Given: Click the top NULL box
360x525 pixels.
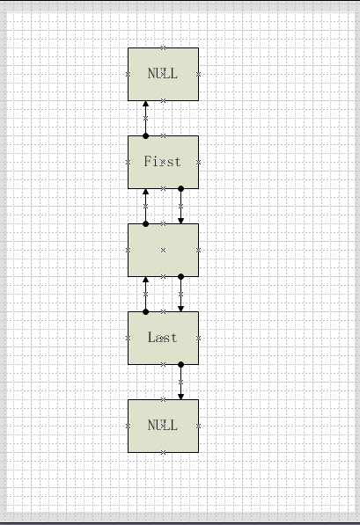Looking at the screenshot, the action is pyautogui.click(x=163, y=74).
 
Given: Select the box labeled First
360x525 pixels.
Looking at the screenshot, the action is pyautogui.click(x=163, y=162).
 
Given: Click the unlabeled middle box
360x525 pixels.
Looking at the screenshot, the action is pyautogui.click(x=163, y=250).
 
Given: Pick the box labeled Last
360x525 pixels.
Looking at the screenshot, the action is pyautogui.click(x=163, y=339).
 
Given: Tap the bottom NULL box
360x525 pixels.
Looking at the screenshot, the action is pyautogui.click(x=163, y=426).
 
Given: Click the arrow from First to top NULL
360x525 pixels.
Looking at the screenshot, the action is pyautogui.click(x=145, y=119).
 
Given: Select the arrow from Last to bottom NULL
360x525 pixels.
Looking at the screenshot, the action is pyautogui.click(x=181, y=382).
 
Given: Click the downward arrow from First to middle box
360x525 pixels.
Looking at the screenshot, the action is pyautogui.click(x=181, y=207).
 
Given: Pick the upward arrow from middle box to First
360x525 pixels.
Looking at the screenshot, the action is pyautogui.click(x=145, y=207).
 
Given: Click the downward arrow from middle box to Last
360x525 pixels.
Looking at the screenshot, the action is pyautogui.click(x=181, y=294).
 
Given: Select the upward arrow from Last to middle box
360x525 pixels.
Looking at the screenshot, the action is pyautogui.click(x=145, y=295).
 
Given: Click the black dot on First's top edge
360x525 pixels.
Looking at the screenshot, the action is pyautogui.click(x=145, y=136).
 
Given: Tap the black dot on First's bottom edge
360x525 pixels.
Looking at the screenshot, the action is pyautogui.click(x=181, y=189).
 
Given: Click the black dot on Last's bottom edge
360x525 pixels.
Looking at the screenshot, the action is pyautogui.click(x=181, y=364).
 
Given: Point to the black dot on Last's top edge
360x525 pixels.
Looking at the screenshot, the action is pyautogui.click(x=145, y=311).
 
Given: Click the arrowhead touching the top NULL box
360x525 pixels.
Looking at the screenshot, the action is pyautogui.click(x=145, y=104).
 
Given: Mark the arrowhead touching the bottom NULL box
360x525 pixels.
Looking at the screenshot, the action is pyautogui.click(x=181, y=397).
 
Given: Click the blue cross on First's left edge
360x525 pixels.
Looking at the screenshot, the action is pyautogui.click(x=128, y=162).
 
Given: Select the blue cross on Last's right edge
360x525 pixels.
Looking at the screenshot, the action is pyautogui.click(x=198, y=339).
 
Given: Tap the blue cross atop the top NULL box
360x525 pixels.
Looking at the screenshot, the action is pyautogui.click(x=163, y=47).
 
